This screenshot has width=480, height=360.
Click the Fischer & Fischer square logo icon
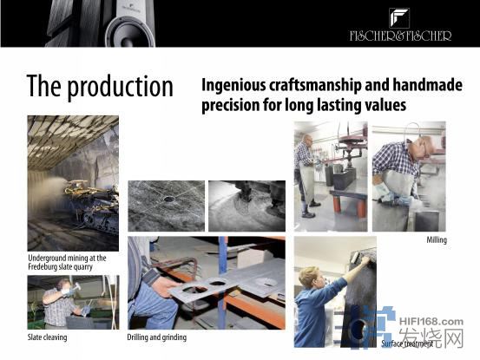point(399,18)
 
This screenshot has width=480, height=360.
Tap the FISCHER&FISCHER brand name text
point(400,36)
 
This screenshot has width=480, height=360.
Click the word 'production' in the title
point(120,88)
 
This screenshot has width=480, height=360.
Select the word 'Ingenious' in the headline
point(233,85)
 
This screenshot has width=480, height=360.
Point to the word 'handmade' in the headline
point(427,85)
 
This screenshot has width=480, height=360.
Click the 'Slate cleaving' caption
point(47,337)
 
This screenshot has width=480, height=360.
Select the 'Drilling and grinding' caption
point(157,337)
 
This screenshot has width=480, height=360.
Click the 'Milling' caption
point(437,240)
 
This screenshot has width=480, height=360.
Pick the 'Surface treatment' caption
point(407,344)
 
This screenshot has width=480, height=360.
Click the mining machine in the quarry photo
point(92,205)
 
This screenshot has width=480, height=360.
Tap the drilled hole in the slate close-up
point(168,200)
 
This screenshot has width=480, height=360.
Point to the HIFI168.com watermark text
point(431,322)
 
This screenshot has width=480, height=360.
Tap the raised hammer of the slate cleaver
point(76,286)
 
